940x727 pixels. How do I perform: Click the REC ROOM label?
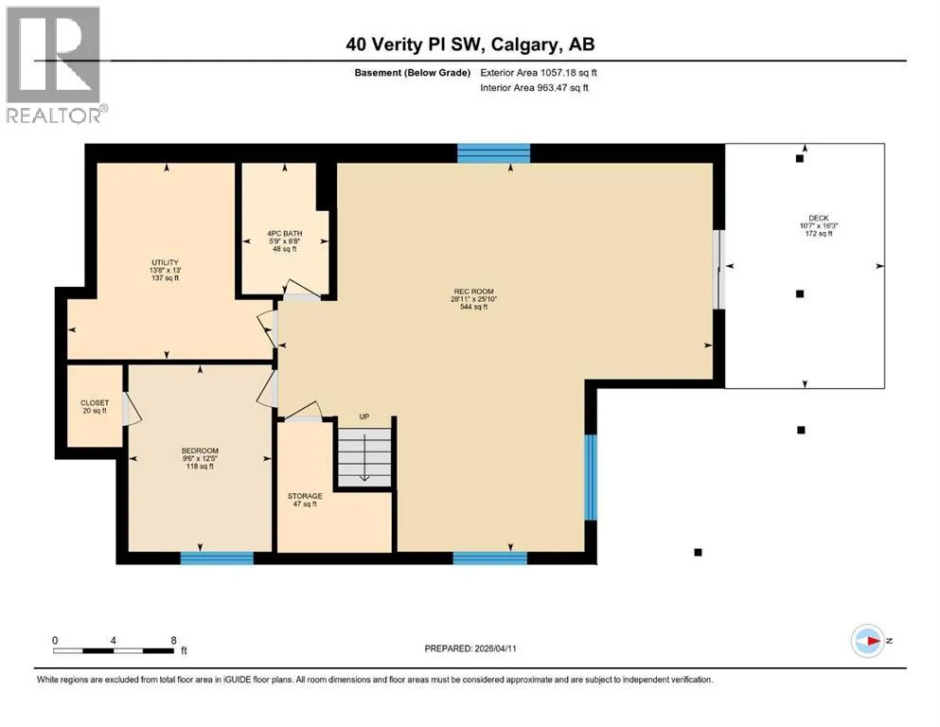473,292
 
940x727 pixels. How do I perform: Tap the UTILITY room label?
165,262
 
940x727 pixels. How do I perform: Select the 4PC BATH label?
285,233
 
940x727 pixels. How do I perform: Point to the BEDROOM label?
201,451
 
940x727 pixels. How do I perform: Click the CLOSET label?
95,402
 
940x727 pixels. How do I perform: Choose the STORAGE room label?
305,496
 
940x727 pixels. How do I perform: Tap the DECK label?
819,218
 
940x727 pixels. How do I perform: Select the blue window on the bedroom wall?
217,558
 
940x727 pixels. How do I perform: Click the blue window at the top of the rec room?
493,153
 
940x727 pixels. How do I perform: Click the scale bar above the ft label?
114,651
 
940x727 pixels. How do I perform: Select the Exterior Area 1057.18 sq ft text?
539,73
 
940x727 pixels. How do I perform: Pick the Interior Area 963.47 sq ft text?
534,87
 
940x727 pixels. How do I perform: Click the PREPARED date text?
470,648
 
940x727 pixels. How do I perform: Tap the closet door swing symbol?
132,409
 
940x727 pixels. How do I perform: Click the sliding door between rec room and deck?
718,270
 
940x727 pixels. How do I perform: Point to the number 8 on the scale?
174,640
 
